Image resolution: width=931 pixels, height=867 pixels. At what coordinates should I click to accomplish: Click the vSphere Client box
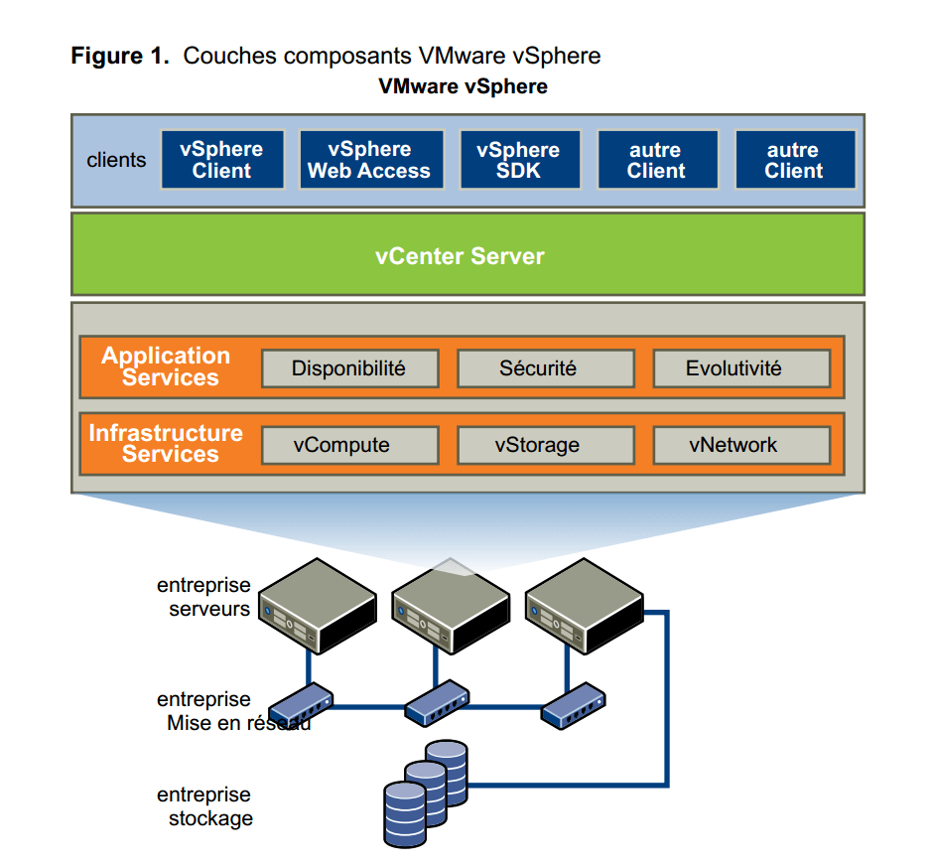222,159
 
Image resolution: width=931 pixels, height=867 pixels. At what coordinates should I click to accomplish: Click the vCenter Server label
460,256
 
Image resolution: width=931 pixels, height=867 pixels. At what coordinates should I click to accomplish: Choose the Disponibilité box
349,368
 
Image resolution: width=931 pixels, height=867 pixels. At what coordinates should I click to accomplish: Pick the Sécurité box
546,368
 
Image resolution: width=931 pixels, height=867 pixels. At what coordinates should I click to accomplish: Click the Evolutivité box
741,368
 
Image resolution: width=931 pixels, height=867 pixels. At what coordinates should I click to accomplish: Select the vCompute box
349,445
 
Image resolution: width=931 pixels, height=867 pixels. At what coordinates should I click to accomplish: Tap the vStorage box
546,445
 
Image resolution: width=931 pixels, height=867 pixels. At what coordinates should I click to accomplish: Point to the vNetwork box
741,445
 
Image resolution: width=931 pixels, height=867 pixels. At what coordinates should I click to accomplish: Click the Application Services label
167,366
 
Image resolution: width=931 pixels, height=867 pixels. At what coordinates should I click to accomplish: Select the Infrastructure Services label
167,443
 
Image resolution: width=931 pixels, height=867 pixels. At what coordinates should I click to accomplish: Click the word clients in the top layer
116,160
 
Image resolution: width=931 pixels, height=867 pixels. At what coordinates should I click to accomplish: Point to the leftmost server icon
318,606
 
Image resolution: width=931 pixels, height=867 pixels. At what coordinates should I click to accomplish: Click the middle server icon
451,606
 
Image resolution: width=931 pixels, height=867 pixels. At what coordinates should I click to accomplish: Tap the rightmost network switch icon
574,705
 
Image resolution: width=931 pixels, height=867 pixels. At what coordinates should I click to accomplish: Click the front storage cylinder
405,814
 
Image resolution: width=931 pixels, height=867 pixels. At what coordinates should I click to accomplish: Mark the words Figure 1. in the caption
120,56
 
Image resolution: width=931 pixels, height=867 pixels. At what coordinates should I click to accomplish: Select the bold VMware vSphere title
464,86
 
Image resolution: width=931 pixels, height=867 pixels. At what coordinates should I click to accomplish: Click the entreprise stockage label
204,806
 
